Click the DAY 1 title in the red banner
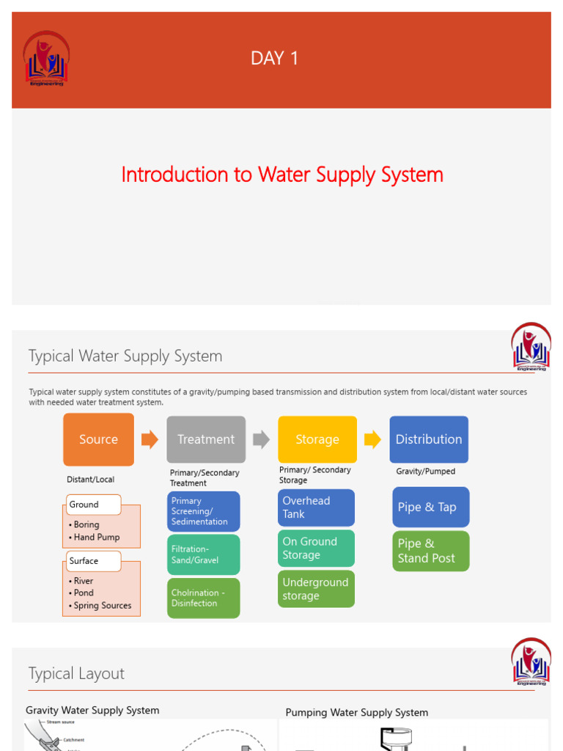[275, 59]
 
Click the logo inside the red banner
[46, 59]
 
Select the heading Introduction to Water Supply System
[282, 175]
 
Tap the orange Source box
[98, 439]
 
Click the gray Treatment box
[206, 439]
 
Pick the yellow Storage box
[317, 439]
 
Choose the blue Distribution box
[429, 439]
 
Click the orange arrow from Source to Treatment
[150, 439]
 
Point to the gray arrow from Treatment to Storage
[261, 439]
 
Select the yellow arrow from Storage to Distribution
[372, 439]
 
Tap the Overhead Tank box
[317, 508]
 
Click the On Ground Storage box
[317, 549]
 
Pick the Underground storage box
[317, 589]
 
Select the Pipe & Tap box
[430, 507]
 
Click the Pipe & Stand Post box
[430, 551]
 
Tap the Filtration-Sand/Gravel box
[203, 554]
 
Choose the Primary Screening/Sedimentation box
[203, 511]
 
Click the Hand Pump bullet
[97, 537]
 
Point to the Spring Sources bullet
[103, 606]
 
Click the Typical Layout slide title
[76, 673]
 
